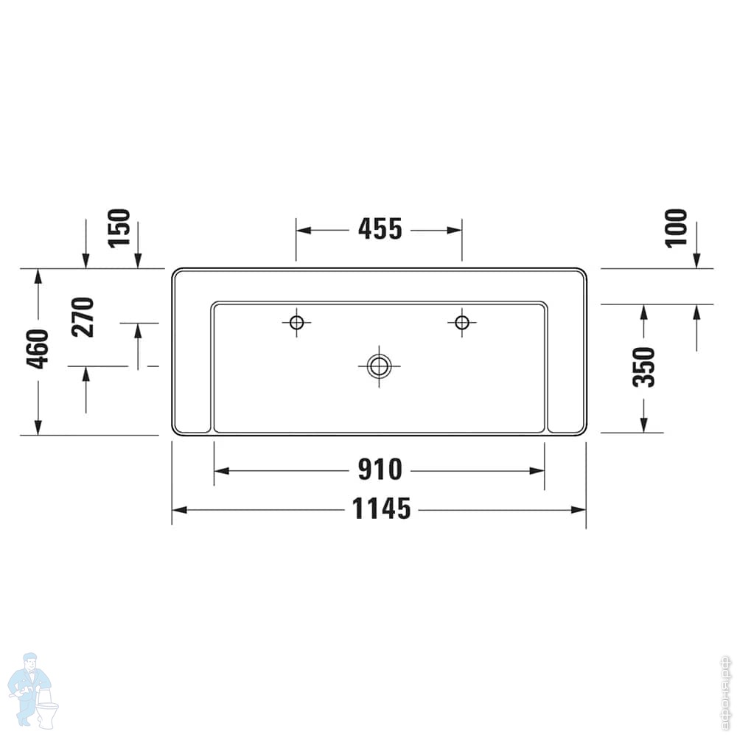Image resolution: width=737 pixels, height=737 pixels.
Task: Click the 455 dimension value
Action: (380, 229)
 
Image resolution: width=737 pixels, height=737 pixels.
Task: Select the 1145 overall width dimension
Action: (382, 509)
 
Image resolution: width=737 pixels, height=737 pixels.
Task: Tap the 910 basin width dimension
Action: (380, 469)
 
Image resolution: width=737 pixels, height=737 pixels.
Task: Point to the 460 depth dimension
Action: (38, 349)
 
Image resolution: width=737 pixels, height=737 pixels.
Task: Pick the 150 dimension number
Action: (119, 228)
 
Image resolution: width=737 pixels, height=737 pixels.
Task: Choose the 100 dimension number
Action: (676, 228)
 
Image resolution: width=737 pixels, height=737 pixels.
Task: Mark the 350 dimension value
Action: (643, 367)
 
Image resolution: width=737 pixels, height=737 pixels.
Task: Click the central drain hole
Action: (379, 366)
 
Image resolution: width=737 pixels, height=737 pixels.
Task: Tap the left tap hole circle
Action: (296, 323)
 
